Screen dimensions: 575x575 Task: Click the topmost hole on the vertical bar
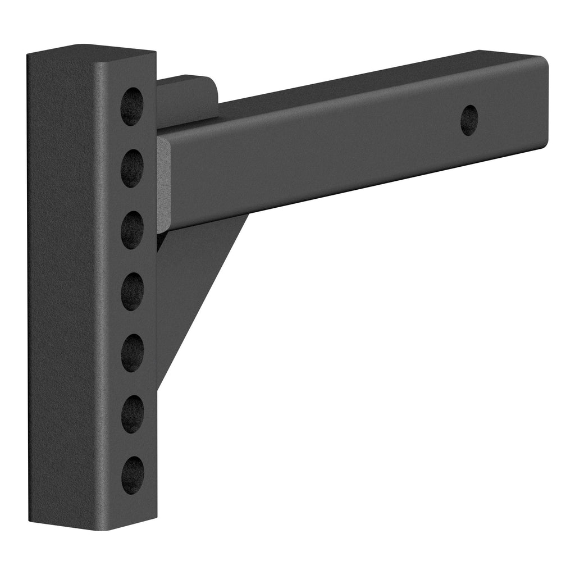click(x=132, y=106)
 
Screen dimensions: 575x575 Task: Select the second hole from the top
click(x=132, y=168)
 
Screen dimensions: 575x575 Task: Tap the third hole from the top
click(x=132, y=230)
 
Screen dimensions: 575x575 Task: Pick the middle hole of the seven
click(x=133, y=291)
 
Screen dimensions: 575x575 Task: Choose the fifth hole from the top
click(x=133, y=353)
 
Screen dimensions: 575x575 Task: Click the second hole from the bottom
click(x=133, y=414)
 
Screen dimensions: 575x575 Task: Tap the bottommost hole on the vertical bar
click(x=133, y=475)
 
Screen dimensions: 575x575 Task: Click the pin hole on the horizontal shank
click(x=469, y=120)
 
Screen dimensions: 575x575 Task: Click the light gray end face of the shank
click(x=163, y=185)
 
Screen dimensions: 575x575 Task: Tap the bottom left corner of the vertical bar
click(x=30, y=521)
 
